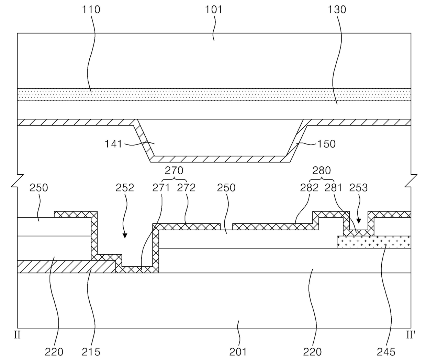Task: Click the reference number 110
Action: click(91, 9)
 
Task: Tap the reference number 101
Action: click(214, 9)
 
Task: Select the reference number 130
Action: click(337, 9)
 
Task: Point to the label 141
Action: click(114, 143)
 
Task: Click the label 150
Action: click(326, 143)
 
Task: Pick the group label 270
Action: click(174, 170)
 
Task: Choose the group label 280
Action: click(322, 170)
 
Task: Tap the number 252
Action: click(125, 188)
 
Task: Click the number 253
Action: click(358, 188)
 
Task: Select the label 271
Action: click(161, 188)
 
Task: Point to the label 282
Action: click(309, 188)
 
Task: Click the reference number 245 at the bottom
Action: click(386, 351)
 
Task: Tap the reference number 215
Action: click(91, 351)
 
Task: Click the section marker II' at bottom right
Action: click(411, 335)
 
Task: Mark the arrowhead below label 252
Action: click(125, 236)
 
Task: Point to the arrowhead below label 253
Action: click(359, 221)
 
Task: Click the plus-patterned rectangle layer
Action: click(374, 242)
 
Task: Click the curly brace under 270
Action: click(174, 179)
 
